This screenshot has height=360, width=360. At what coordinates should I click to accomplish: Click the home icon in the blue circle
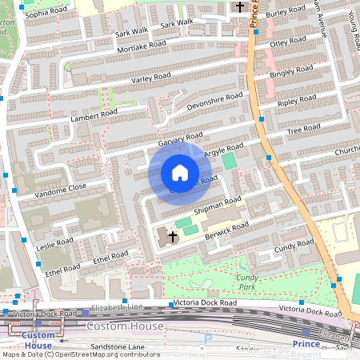coord(180,173)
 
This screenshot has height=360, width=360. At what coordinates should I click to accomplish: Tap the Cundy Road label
coord(294,250)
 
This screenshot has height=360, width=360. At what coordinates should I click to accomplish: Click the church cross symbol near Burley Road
coord(240,7)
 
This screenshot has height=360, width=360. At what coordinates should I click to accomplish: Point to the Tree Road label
coord(303,130)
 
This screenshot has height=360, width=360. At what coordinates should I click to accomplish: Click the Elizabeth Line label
coord(117,307)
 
